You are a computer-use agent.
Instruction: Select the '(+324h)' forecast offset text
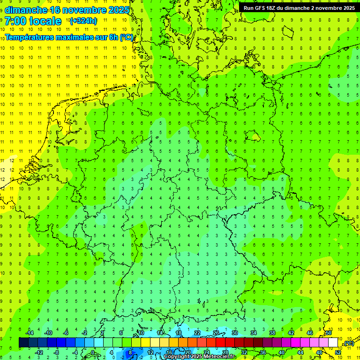click(x=83, y=21)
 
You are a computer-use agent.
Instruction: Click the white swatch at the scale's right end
click(x=333, y=343)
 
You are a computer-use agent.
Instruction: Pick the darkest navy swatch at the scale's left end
click(x=23, y=343)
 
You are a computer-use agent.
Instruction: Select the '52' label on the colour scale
click(x=338, y=352)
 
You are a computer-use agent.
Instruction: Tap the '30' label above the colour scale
click(x=234, y=333)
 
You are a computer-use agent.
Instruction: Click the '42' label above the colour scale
click(x=291, y=333)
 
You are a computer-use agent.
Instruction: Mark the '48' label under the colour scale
click(x=319, y=352)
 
